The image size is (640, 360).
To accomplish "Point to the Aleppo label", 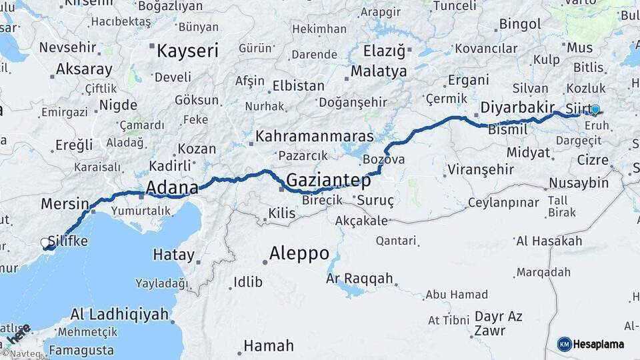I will (299, 253).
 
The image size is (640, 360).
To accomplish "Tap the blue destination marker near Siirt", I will (595, 109).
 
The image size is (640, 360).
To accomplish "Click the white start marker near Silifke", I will (46, 243).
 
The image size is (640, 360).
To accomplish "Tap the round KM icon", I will (564, 344).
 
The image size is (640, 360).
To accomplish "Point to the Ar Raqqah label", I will (360, 279).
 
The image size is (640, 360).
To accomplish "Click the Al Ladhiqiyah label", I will (119, 314).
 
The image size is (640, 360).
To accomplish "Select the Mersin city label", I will (65, 203).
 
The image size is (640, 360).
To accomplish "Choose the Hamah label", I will (268, 346).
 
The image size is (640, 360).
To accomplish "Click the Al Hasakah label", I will (549, 241).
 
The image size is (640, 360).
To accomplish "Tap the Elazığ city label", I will (383, 51).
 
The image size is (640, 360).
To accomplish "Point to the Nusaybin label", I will (579, 183).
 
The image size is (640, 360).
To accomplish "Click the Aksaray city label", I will (84, 69).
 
